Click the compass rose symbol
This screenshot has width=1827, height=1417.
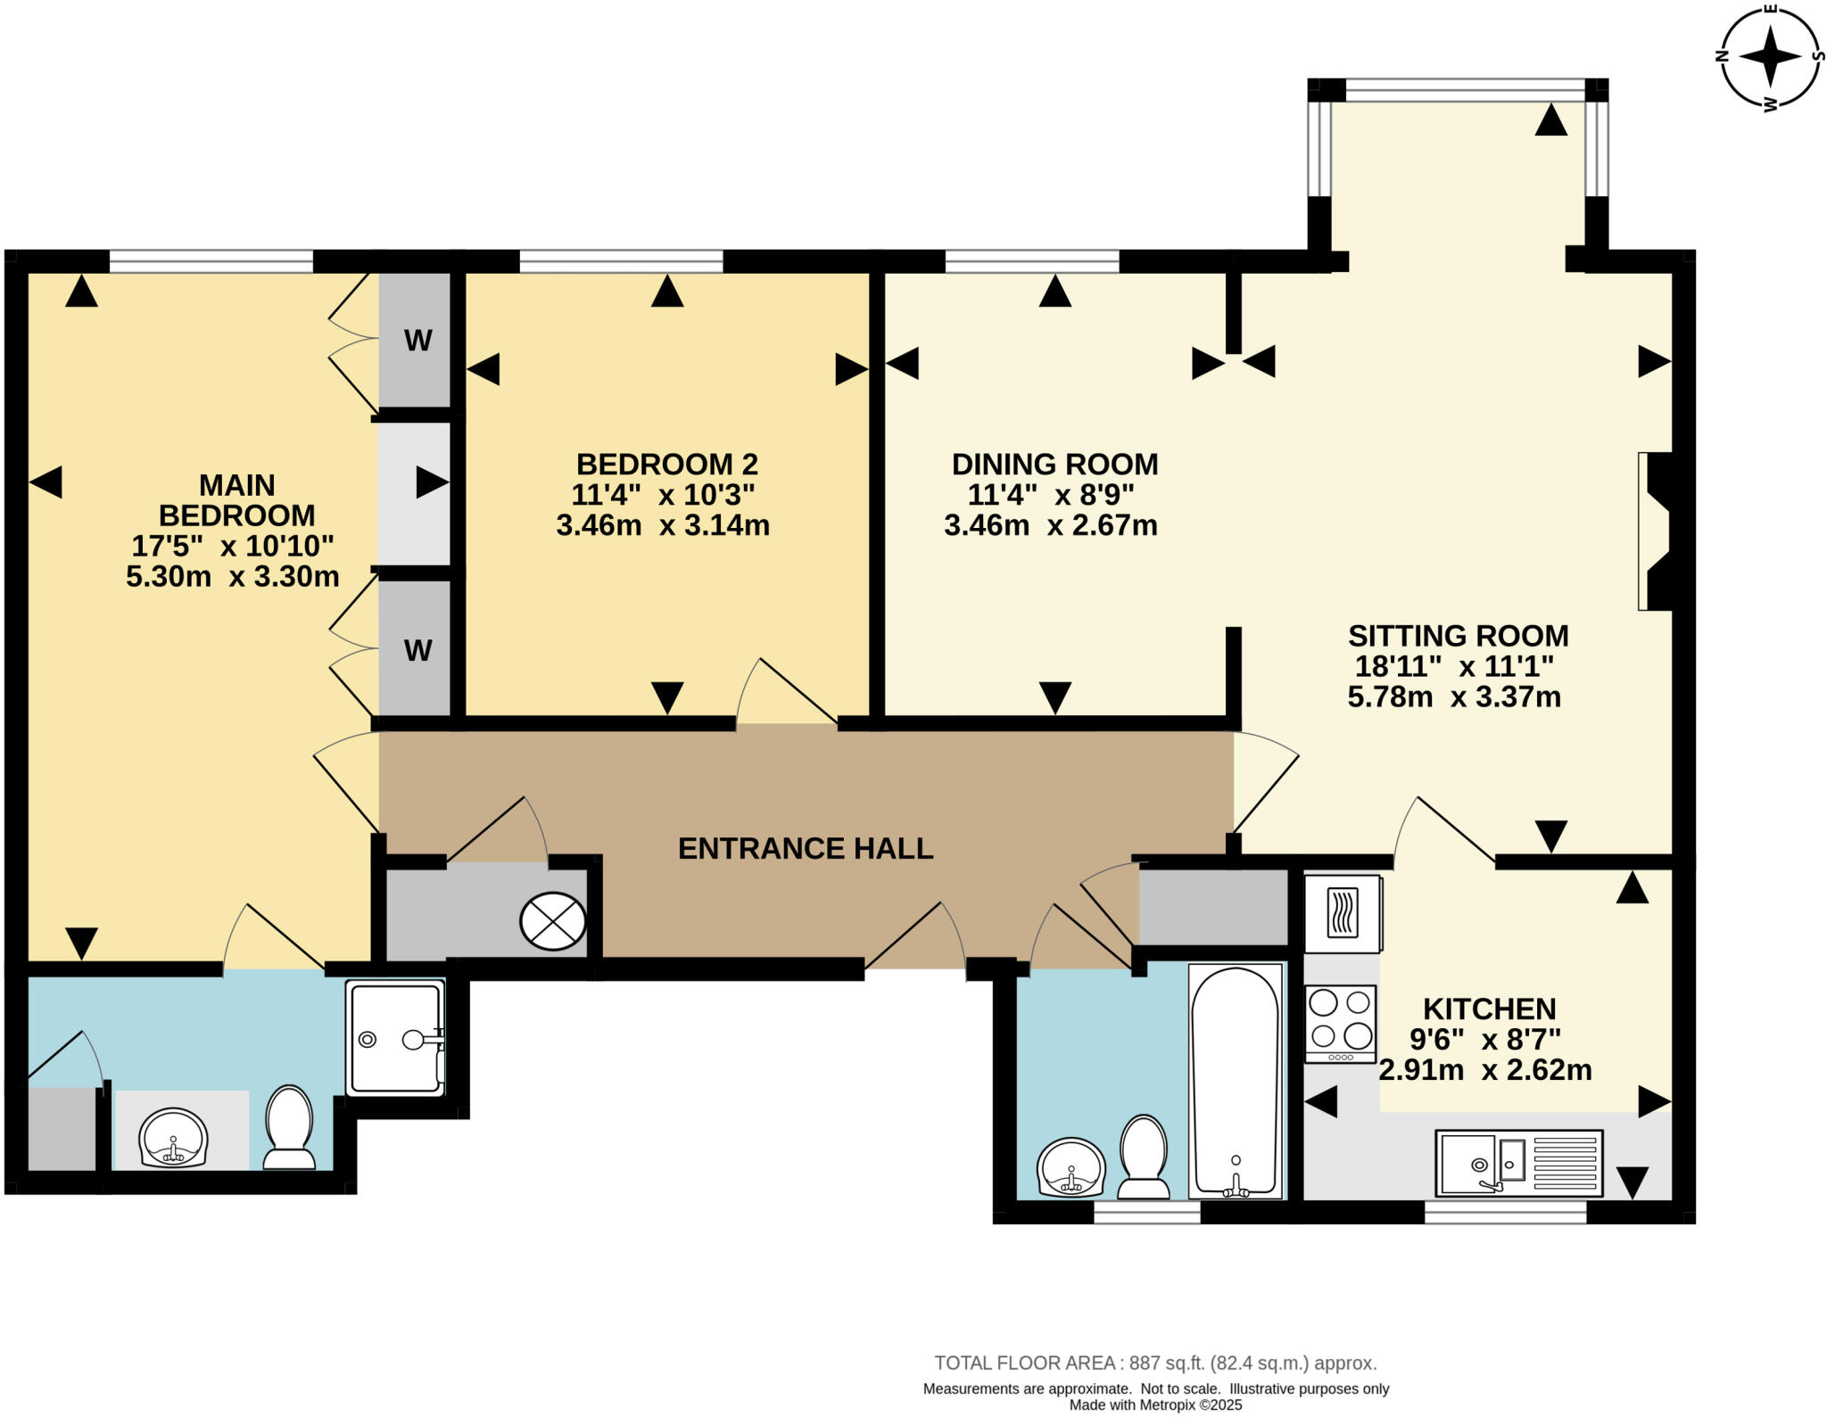pos(1771,57)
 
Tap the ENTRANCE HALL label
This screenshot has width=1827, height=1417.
pos(805,848)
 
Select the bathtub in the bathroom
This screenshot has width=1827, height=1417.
pos(1236,1082)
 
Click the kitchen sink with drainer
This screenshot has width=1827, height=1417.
pos(1518,1163)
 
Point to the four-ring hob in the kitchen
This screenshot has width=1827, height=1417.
pos(1340,1022)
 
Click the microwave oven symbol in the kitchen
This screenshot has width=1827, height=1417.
pos(1343,913)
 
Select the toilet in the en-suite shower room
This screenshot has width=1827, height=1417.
pos(289,1128)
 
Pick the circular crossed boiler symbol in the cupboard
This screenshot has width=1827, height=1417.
pos(553,920)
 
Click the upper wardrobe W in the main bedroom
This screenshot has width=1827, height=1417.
pos(417,340)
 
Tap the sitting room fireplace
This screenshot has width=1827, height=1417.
pos(1654,531)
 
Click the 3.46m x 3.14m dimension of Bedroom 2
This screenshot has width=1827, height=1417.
pos(662,525)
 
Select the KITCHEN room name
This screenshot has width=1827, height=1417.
pos(1489,1009)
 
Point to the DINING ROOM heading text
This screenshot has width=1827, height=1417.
pos(1054,464)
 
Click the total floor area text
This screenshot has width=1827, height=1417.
pos(1155,1363)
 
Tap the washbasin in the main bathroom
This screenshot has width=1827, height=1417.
pos(1071,1167)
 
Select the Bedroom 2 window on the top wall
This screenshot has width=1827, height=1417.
pos(621,261)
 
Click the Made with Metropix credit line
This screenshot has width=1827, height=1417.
pos(1155,1405)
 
